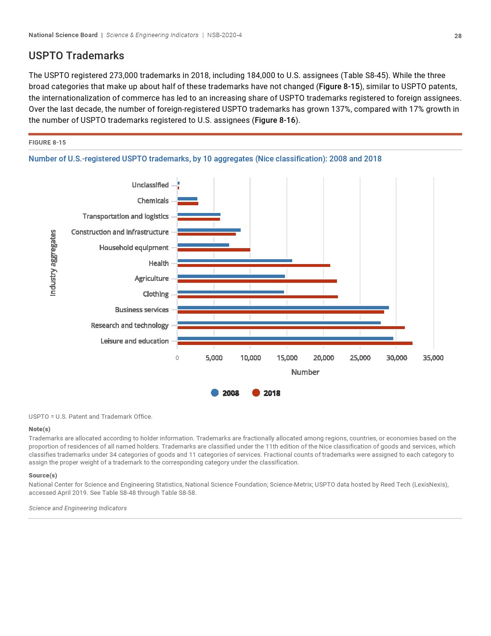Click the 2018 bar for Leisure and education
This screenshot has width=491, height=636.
295,343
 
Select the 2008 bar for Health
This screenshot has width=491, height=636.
234,261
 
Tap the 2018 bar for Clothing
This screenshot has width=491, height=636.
258,297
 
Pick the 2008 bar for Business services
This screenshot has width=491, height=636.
283,307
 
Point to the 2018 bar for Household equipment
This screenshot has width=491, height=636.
214,250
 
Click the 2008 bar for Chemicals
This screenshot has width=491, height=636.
187,199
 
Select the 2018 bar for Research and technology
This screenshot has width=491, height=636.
291,328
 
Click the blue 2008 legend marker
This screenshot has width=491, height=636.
215,393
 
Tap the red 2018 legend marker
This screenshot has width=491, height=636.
256,393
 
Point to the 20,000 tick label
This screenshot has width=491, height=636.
323,358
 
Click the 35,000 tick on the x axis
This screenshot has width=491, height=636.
433,358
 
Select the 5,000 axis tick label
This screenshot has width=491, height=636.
214,358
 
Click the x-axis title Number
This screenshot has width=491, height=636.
305,372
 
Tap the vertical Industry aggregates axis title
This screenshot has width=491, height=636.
53,263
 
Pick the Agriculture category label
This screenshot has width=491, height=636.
152,278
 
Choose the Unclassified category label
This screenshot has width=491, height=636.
150,185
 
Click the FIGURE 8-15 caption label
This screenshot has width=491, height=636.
47,143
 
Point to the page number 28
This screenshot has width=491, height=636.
458,36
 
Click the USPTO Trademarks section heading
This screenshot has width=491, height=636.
77,56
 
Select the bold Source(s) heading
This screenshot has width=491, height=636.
43,476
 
